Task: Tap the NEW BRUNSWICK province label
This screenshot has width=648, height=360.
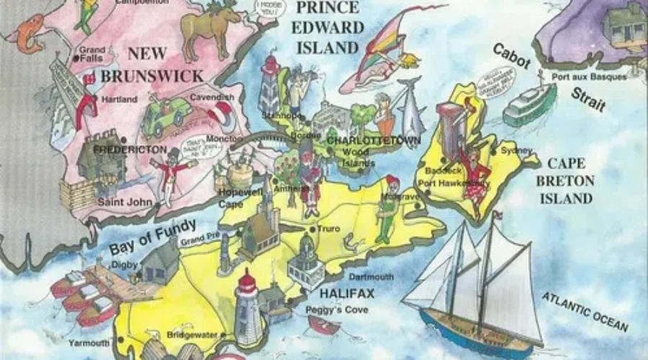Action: coord(152,64)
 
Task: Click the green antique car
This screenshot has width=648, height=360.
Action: coord(166,115)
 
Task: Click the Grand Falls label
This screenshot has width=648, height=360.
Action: coord(93,54)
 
